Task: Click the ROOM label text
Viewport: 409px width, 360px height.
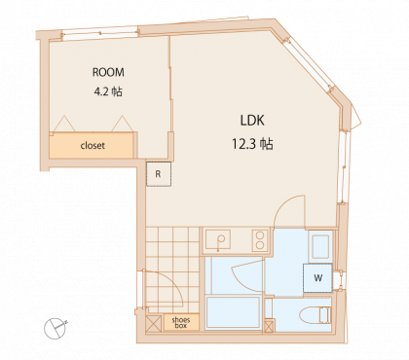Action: click(108, 72)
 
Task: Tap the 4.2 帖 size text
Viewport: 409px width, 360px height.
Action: click(108, 91)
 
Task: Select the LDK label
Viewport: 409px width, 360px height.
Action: click(252, 121)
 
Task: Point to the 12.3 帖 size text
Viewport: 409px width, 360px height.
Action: click(252, 143)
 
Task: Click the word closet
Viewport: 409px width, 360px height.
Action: click(93, 145)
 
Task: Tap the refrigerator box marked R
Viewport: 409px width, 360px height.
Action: click(159, 174)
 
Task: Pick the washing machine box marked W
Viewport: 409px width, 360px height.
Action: click(317, 278)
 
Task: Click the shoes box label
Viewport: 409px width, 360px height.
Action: click(181, 323)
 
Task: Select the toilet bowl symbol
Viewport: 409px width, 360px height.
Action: click(315, 315)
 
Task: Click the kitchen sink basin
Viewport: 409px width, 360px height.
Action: click(218, 239)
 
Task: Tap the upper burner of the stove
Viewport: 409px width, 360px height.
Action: click(260, 235)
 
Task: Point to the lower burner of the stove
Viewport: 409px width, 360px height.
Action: click(260, 245)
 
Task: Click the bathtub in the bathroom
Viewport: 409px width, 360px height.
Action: click(234, 312)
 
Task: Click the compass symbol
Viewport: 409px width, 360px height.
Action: click(56, 328)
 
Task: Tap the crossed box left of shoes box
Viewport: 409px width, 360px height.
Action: click(154, 323)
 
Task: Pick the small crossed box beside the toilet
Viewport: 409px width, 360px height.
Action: click(269, 326)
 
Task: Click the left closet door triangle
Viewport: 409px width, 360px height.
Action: click(64, 124)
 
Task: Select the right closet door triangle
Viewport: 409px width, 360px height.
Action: click(123, 124)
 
